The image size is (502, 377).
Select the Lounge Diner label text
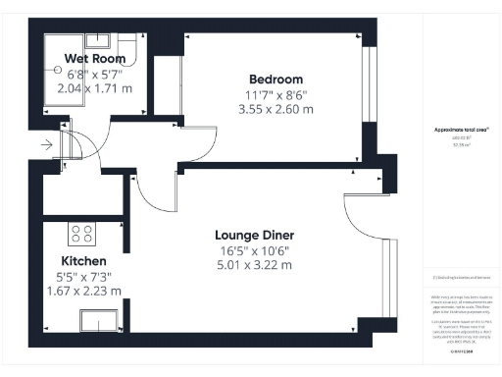pos(255,235)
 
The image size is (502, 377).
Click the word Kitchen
pos(83,261)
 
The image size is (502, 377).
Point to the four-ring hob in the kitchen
pos(80,235)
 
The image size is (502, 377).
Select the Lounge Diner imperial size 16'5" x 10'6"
pos(255,250)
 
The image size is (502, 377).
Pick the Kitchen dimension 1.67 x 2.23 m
pos(83,291)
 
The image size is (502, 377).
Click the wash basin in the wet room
pos(98,40)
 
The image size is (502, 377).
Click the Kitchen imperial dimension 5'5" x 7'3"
pos(83,276)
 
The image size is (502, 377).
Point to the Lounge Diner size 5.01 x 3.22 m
pos(255,265)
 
